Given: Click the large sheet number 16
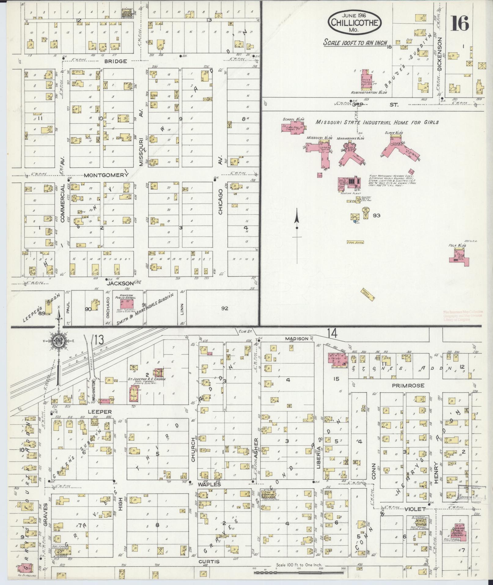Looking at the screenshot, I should (x=459, y=23).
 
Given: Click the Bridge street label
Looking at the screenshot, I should (x=116, y=61).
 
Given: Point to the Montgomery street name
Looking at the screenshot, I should (x=105, y=175).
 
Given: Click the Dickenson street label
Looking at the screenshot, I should (x=440, y=54).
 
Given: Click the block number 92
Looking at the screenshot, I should (x=225, y=309).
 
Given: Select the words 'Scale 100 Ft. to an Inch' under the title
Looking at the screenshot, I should (x=355, y=43).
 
